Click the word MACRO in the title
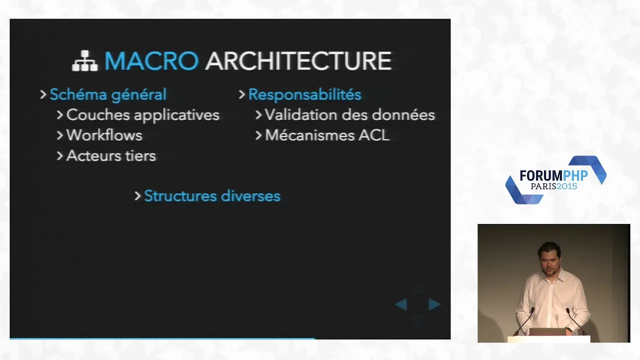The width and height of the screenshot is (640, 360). point(151,60)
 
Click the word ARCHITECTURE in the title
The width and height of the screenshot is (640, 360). point(298,60)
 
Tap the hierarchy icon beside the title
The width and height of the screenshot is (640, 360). point(85,60)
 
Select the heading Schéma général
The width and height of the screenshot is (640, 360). point(108,94)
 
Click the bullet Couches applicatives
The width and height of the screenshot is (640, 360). point(143,115)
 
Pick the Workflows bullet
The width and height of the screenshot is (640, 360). point(104,135)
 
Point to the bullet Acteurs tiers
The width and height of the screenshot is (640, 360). point(111,155)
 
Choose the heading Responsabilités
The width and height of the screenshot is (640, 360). point(305,94)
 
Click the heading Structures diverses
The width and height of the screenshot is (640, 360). point(212,196)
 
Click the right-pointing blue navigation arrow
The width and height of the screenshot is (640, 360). point(434,304)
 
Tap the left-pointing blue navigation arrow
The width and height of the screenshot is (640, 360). point(401,304)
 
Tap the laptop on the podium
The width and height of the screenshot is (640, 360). point(547,332)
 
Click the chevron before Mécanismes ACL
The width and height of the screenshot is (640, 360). point(258,135)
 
